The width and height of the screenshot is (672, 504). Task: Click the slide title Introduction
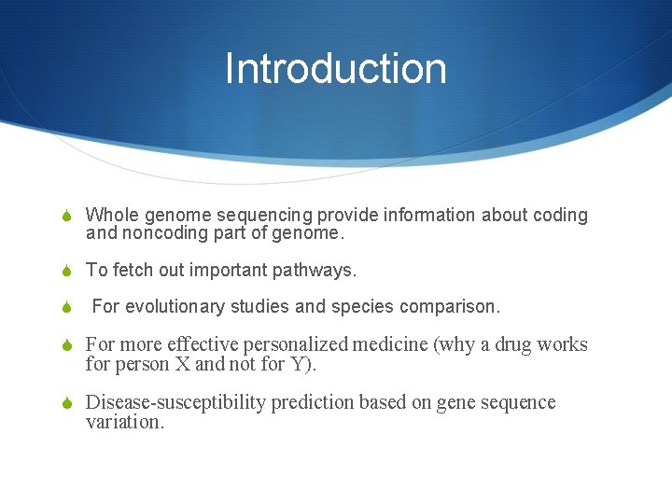335,69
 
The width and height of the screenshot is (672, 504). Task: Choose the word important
228,271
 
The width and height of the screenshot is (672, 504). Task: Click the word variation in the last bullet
122,422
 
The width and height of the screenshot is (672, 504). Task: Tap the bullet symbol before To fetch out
66,272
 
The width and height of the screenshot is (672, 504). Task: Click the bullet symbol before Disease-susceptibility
66,403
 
